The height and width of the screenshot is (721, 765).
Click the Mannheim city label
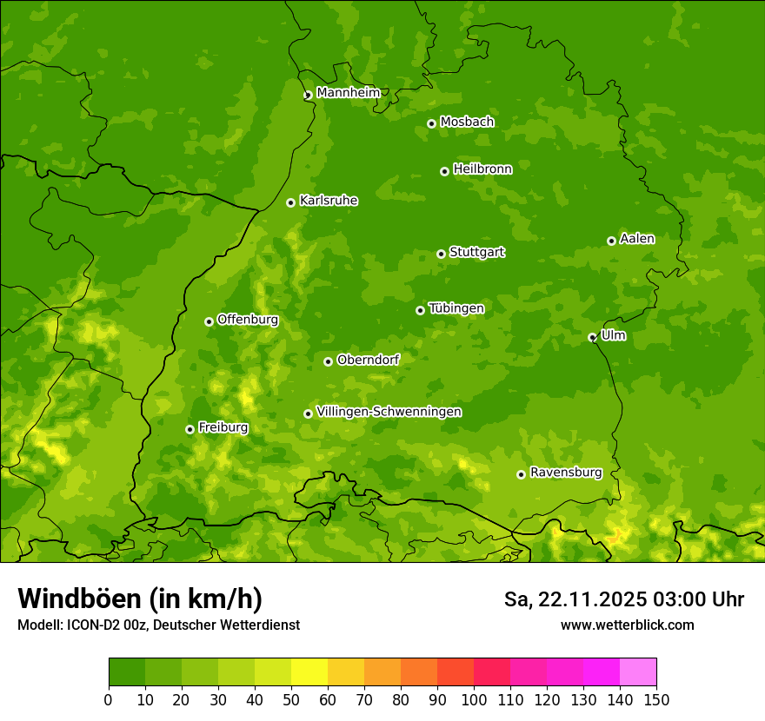point(348,93)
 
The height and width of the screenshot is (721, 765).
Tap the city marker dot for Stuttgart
point(441,254)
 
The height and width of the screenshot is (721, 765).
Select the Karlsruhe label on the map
point(328,201)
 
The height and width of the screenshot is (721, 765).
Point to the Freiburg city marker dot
point(190,429)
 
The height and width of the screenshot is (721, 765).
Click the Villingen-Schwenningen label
point(389,412)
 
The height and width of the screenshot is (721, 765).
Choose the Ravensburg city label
point(565,473)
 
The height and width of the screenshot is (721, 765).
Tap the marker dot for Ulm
point(592,337)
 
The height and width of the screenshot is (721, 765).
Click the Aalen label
point(636,239)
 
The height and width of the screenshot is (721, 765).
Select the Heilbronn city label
point(482,169)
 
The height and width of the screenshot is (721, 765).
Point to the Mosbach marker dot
point(431,123)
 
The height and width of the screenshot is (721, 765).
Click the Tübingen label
point(456,308)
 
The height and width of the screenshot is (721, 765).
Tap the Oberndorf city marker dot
point(328,361)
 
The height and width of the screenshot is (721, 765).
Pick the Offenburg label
point(248,320)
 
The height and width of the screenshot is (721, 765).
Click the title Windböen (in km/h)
point(139,599)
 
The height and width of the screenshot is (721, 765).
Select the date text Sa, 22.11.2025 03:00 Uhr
point(623,599)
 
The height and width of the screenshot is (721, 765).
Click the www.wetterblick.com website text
point(627,625)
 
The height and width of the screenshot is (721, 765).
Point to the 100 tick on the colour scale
point(474,698)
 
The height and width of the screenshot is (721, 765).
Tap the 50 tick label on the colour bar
point(291,698)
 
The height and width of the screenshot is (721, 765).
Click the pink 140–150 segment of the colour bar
point(638,672)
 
